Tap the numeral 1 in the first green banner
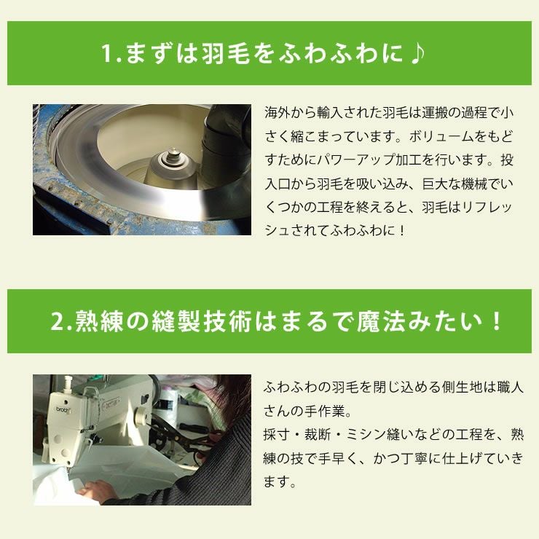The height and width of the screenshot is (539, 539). click(109, 55)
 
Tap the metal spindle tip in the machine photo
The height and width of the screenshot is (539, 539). click(174, 154)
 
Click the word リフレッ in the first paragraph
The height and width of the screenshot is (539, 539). click(495, 206)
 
